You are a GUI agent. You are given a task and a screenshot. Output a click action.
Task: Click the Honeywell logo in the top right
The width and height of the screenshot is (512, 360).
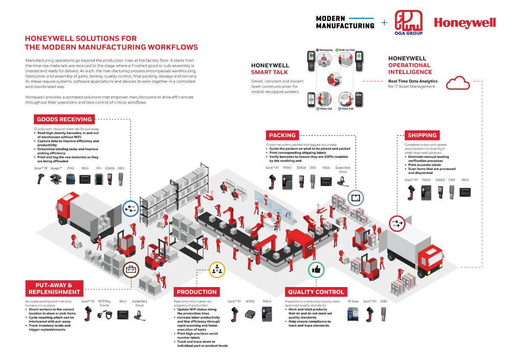465,23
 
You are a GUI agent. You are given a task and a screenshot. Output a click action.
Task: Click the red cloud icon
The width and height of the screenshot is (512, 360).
458,83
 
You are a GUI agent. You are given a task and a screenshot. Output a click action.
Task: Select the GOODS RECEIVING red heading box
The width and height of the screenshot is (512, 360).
64,119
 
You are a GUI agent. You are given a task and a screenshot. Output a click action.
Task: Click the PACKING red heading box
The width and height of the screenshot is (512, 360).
282,135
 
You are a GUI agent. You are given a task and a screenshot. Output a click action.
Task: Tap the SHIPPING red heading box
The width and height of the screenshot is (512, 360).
422,135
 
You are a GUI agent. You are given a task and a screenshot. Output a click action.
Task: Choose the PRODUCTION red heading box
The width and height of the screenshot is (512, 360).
197,292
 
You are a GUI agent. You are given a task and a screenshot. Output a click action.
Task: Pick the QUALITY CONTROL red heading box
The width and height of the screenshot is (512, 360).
316,292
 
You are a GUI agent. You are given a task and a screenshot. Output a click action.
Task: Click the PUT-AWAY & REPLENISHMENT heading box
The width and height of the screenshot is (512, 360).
54,288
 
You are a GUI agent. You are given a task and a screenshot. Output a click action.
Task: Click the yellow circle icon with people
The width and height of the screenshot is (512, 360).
217,270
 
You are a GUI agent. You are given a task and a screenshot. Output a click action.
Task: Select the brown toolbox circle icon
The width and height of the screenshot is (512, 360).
131,270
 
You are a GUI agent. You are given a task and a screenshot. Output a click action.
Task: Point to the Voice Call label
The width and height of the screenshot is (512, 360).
347,109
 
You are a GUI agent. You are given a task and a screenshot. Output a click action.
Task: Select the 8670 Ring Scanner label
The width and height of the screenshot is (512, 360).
105,303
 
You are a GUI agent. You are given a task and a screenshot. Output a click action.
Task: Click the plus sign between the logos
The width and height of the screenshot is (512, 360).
384,22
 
